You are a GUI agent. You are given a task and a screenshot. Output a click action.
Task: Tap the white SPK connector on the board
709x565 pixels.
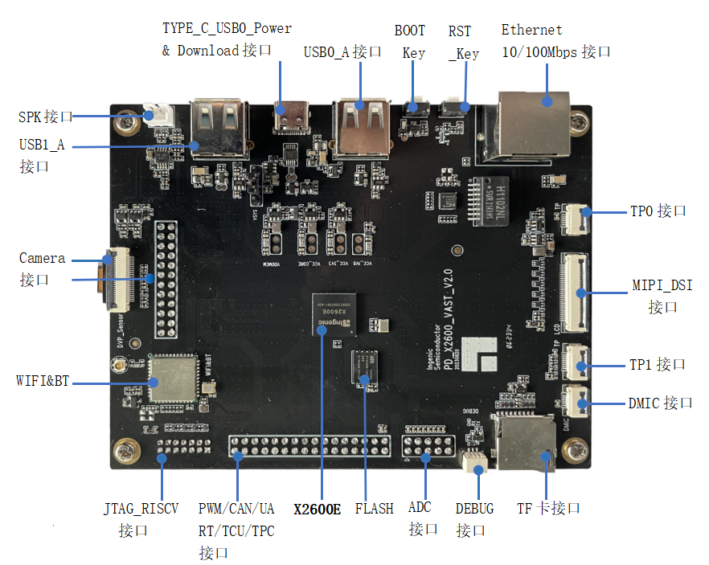pyautogui.click(x=157, y=115)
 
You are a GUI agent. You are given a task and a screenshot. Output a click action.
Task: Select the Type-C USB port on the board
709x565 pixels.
pyautogui.click(x=290, y=118)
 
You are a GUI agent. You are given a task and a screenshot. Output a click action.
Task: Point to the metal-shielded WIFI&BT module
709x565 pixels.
pyautogui.click(x=171, y=377)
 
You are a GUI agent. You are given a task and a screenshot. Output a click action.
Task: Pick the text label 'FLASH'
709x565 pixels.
pyautogui.click(x=375, y=508)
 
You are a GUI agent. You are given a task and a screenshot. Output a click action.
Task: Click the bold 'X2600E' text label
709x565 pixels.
pyautogui.click(x=317, y=509)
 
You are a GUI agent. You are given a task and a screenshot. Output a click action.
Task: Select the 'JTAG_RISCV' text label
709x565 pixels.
pyautogui.click(x=141, y=508)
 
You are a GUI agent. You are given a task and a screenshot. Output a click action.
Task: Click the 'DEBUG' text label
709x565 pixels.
pyautogui.click(x=474, y=508)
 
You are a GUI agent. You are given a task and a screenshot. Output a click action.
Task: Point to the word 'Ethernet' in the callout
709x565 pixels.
pyautogui.click(x=531, y=31)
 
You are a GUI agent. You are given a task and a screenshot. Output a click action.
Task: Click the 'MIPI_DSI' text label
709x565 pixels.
pyautogui.click(x=662, y=285)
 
